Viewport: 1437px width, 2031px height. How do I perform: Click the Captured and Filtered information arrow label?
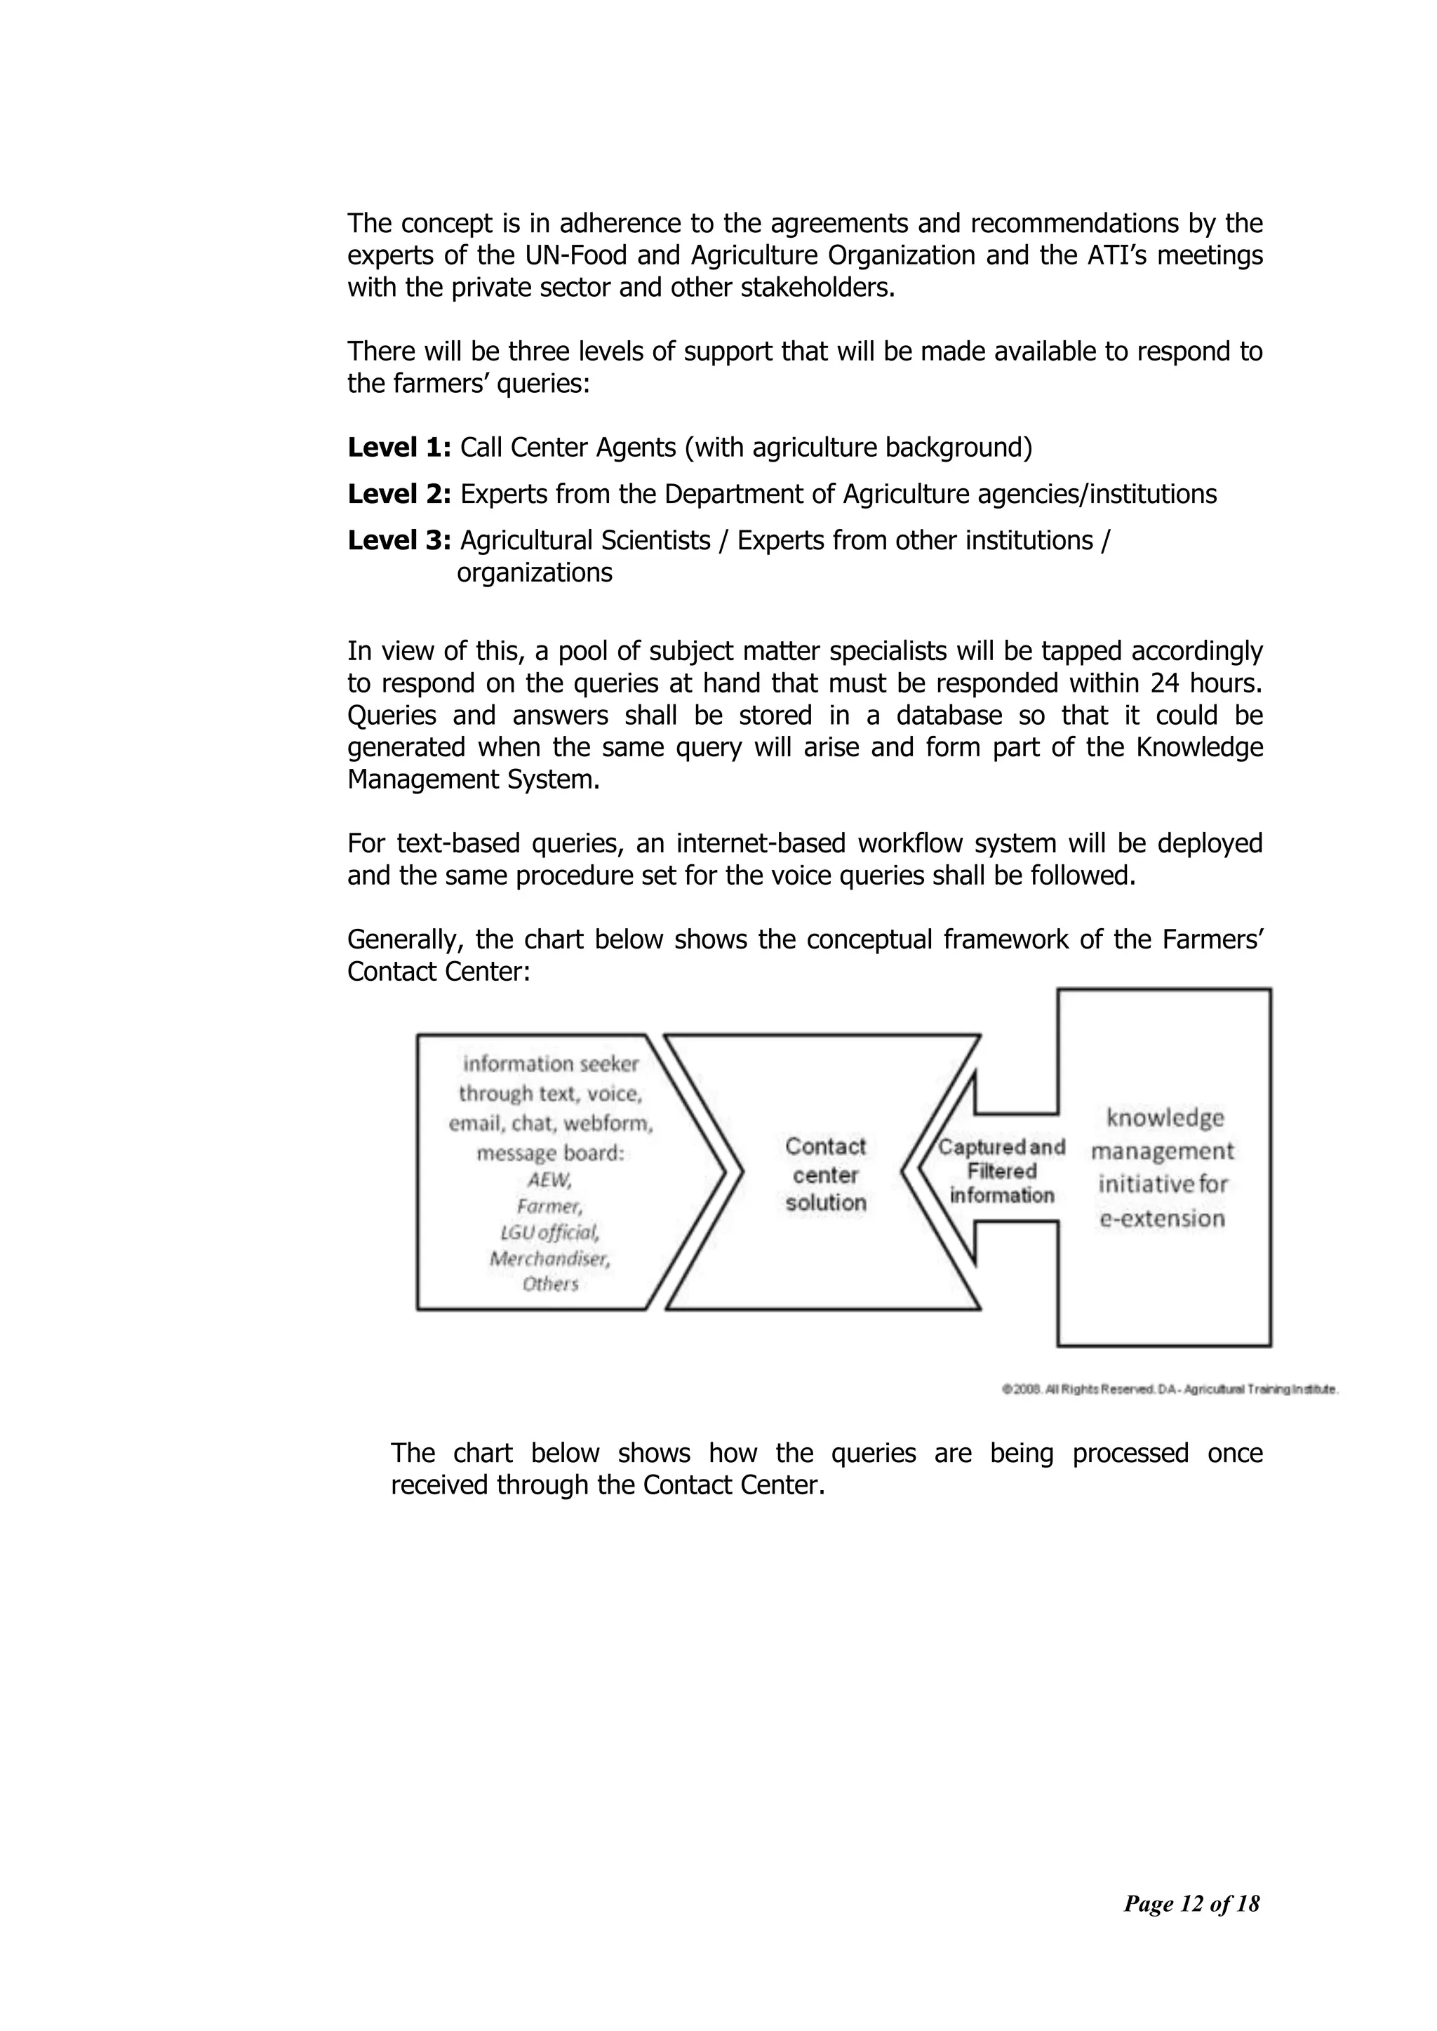1002,1171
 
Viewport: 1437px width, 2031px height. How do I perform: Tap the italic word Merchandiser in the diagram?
549,1258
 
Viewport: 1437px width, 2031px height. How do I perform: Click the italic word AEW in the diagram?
549,1180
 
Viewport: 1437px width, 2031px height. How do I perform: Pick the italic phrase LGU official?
549,1232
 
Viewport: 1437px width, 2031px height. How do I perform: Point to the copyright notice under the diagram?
1169,1389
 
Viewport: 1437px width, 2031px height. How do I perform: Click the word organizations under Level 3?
535,573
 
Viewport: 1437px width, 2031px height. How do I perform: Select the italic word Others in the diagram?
549,1284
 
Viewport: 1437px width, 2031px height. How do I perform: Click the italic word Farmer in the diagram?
549,1206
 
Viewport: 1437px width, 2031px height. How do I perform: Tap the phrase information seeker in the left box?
550,1064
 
